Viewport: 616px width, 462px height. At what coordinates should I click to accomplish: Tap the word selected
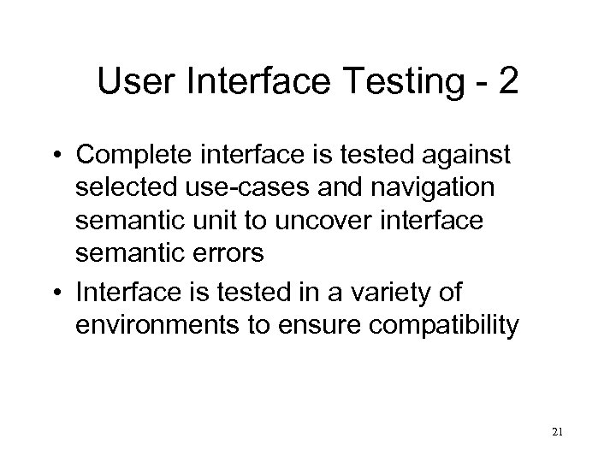(125, 188)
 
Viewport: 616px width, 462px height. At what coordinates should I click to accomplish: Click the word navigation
(418, 188)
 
